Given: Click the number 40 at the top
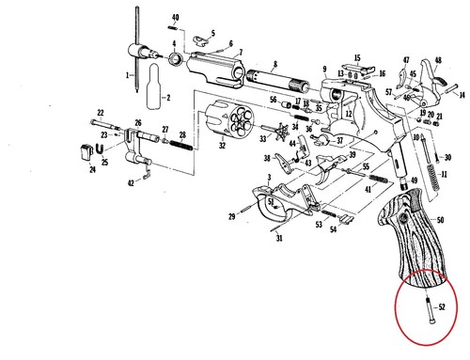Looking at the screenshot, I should coord(175,18).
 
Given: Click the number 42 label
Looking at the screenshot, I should coord(132,182).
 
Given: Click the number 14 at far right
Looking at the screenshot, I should coord(462,95).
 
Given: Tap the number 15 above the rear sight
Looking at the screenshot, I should coord(356,57).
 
